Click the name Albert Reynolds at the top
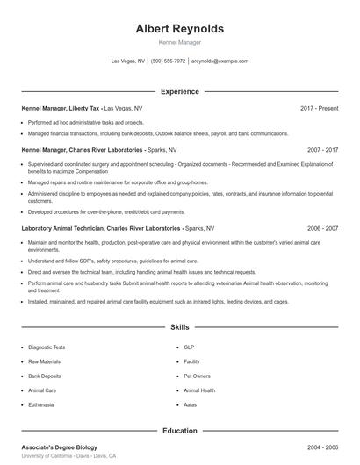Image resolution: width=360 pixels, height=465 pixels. (x=180, y=28)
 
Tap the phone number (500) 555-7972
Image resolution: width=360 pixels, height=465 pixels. (x=168, y=61)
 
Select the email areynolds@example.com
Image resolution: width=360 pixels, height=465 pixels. (x=220, y=61)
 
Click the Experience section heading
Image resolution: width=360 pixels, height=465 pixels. (x=179, y=91)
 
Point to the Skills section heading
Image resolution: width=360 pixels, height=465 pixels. (x=179, y=326)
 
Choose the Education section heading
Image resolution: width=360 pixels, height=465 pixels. (x=179, y=431)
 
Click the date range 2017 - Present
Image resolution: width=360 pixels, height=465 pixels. (x=319, y=108)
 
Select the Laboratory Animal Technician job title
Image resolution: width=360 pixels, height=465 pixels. (x=101, y=228)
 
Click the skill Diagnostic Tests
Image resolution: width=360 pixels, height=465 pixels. (x=47, y=347)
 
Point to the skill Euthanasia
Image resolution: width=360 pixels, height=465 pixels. (x=41, y=404)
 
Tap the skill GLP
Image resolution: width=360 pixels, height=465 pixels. (x=188, y=347)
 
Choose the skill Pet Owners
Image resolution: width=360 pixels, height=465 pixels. (x=197, y=376)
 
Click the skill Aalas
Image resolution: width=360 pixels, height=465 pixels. (x=190, y=404)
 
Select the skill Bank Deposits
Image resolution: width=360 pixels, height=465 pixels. (x=44, y=376)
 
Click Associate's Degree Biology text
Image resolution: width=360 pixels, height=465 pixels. (x=59, y=447)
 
